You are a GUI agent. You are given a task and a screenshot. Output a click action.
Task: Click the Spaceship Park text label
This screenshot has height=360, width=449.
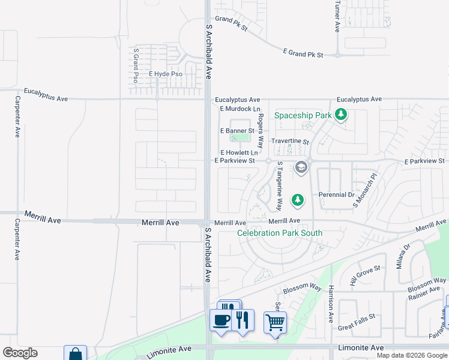(x=303, y=115)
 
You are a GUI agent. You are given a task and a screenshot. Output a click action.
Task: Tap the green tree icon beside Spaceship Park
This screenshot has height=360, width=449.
(x=341, y=113)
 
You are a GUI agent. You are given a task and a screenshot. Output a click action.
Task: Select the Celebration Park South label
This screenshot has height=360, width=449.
(x=280, y=233)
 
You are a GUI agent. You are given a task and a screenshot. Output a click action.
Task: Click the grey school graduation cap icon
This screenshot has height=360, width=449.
(x=301, y=167)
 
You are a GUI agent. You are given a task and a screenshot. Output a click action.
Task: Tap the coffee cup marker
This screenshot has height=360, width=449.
(x=220, y=319)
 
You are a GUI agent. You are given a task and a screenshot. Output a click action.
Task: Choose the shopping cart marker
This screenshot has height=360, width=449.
(x=275, y=322)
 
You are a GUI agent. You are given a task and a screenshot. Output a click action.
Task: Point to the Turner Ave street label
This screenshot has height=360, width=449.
(x=337, y=16)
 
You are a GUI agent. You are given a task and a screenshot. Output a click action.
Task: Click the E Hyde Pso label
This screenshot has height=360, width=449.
(x=165, y=74)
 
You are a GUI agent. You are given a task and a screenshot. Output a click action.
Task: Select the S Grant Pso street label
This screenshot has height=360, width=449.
(x=136, y=65)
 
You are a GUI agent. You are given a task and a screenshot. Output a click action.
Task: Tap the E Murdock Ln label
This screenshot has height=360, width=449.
(x=240, y=109)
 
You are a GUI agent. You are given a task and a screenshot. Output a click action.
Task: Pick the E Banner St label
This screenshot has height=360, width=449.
(x=237, y=131)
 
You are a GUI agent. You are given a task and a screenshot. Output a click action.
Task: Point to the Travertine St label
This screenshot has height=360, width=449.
(x=289, y=142)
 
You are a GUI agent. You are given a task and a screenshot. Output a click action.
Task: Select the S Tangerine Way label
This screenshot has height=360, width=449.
(x=279, y=185)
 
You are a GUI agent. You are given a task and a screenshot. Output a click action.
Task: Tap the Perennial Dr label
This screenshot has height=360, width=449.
(x=336, y=194)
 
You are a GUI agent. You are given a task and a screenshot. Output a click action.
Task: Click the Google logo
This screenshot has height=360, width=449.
(x=20, y=353)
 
